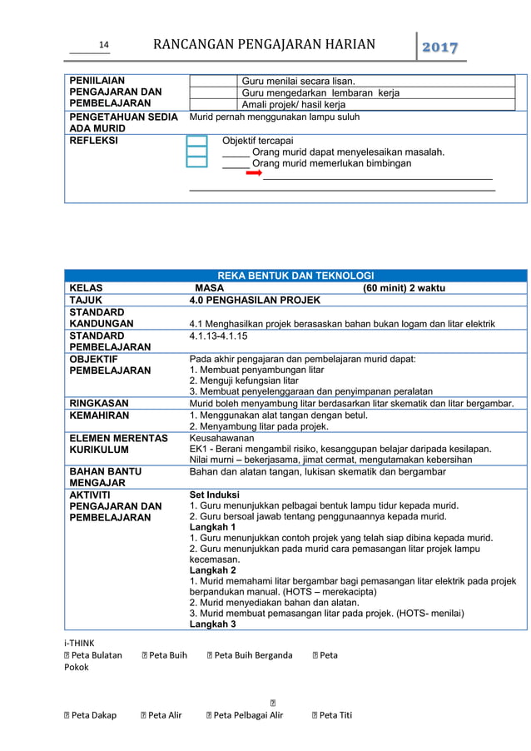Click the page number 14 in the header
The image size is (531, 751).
[104, 46]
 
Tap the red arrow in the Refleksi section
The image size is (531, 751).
[254, 174]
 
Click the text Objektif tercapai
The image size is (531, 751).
[257, 141]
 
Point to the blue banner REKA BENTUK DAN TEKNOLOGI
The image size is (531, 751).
[295, 276]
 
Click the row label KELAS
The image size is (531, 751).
[86, 288]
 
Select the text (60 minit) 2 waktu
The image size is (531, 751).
[404, 288]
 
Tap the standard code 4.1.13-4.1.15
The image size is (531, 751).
[218, 336]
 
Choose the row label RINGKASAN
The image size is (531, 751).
[98, 404]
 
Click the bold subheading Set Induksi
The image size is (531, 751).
[214, 494]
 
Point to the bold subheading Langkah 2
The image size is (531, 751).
[212, 570]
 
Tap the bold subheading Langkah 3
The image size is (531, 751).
[212, 624]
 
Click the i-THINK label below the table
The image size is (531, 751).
[79, 643]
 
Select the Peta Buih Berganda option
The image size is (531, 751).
[253, 655]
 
